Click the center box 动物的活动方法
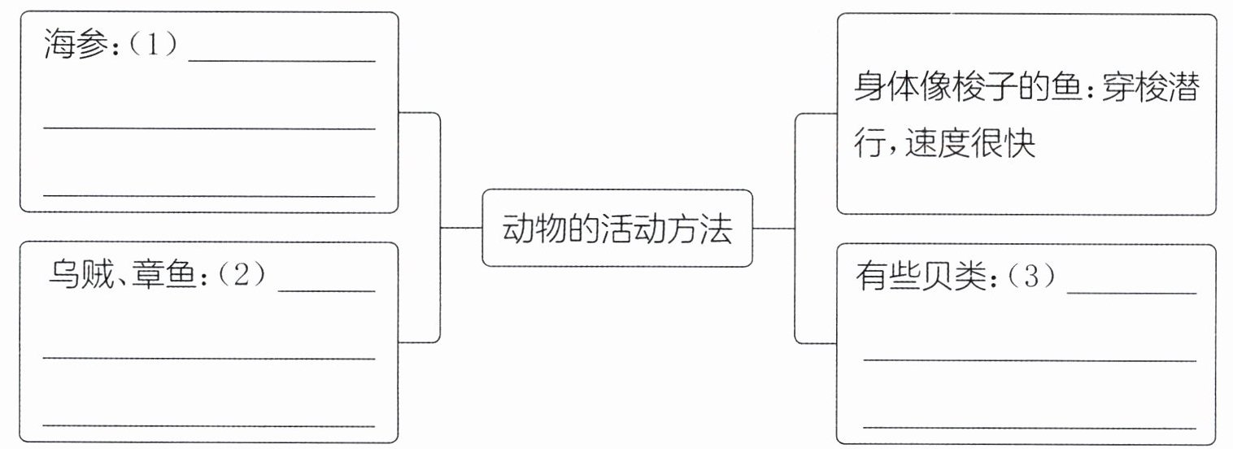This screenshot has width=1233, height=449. [617, 229]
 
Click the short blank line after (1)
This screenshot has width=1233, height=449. [281, 61]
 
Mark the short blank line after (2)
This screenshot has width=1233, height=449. [326, 290]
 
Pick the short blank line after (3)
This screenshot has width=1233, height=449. [1131, 293]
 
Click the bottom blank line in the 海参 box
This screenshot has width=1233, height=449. [209, 196]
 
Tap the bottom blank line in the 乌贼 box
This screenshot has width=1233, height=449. [209, 425]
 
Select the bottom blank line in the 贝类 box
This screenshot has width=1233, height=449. [1029, 427]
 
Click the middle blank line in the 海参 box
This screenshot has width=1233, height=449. [209, 129]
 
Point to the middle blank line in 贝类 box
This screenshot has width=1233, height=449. [1029, 360]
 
